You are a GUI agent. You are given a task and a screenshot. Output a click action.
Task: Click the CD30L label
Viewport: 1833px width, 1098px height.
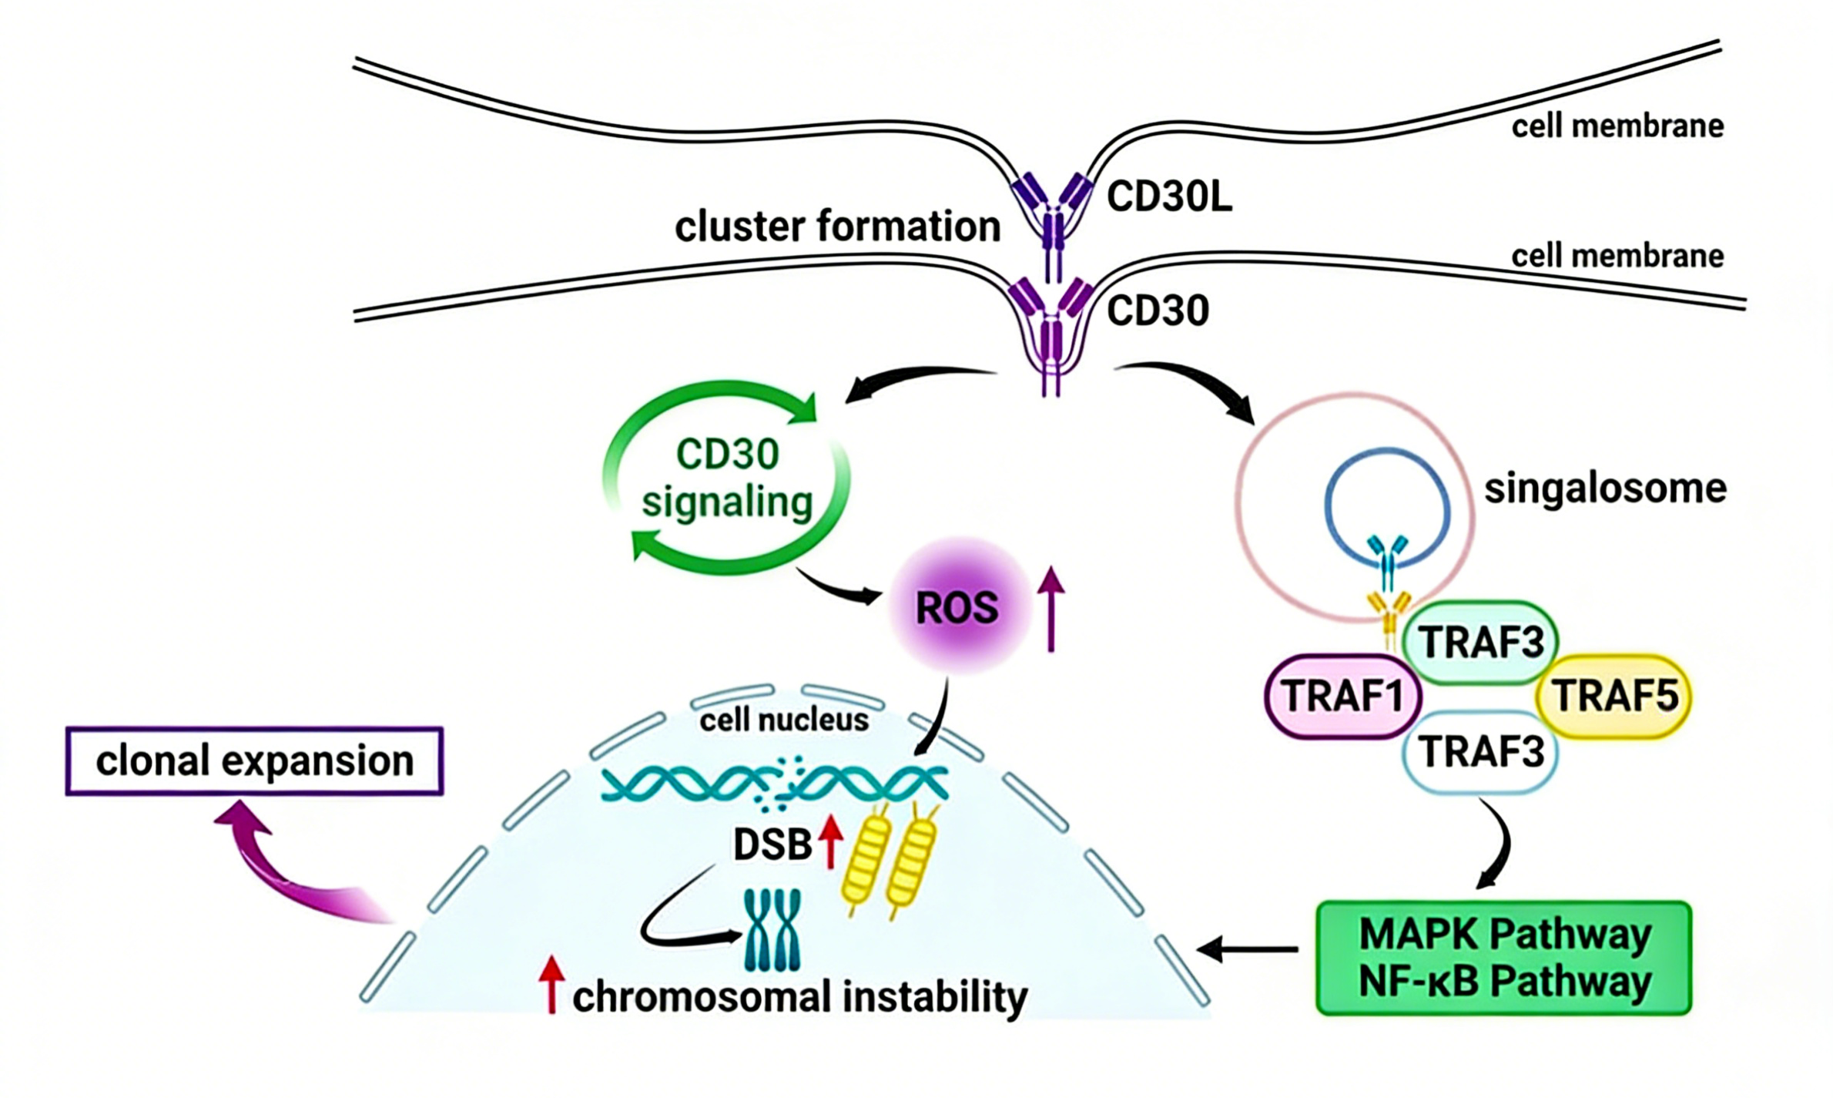[x=1168, y=197]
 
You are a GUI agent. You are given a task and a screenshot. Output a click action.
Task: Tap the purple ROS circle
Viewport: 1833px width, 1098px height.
[x=957, y=608]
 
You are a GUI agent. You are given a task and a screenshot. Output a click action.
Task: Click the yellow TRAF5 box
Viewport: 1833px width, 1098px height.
[x=1614, y=696]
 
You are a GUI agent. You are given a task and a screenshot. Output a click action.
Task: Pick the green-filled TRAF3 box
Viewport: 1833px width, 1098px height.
[x=1480, y=643]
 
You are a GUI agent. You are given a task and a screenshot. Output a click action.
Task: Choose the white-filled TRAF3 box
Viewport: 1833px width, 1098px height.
[x=1480, y=752]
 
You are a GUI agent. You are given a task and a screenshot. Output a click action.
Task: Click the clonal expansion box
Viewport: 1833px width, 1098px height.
[x=254, y=761]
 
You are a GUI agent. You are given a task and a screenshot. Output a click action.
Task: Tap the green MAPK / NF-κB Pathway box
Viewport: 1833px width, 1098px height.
[x=1504, y=958]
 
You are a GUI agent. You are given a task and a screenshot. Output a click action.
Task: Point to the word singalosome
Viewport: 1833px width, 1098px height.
[x=1605, y=489]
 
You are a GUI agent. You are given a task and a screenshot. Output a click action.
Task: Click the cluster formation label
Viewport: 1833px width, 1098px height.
[x=837, y=227]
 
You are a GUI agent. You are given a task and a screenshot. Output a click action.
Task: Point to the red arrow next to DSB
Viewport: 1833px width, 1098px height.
[x=830, y=842]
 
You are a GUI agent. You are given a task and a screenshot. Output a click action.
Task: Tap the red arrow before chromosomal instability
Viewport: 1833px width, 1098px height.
[x=551, y=984]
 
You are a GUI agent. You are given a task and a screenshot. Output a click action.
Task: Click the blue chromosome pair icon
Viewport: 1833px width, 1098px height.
[x=772, y=929]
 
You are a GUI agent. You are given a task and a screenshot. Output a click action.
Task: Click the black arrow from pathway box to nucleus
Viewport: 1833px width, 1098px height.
[x=1248, y=950]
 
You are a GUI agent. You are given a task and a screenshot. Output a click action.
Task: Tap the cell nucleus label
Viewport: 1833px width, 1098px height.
[x=783, y=720]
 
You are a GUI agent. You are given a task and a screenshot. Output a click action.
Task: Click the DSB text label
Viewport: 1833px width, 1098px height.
[x=772, y=844]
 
